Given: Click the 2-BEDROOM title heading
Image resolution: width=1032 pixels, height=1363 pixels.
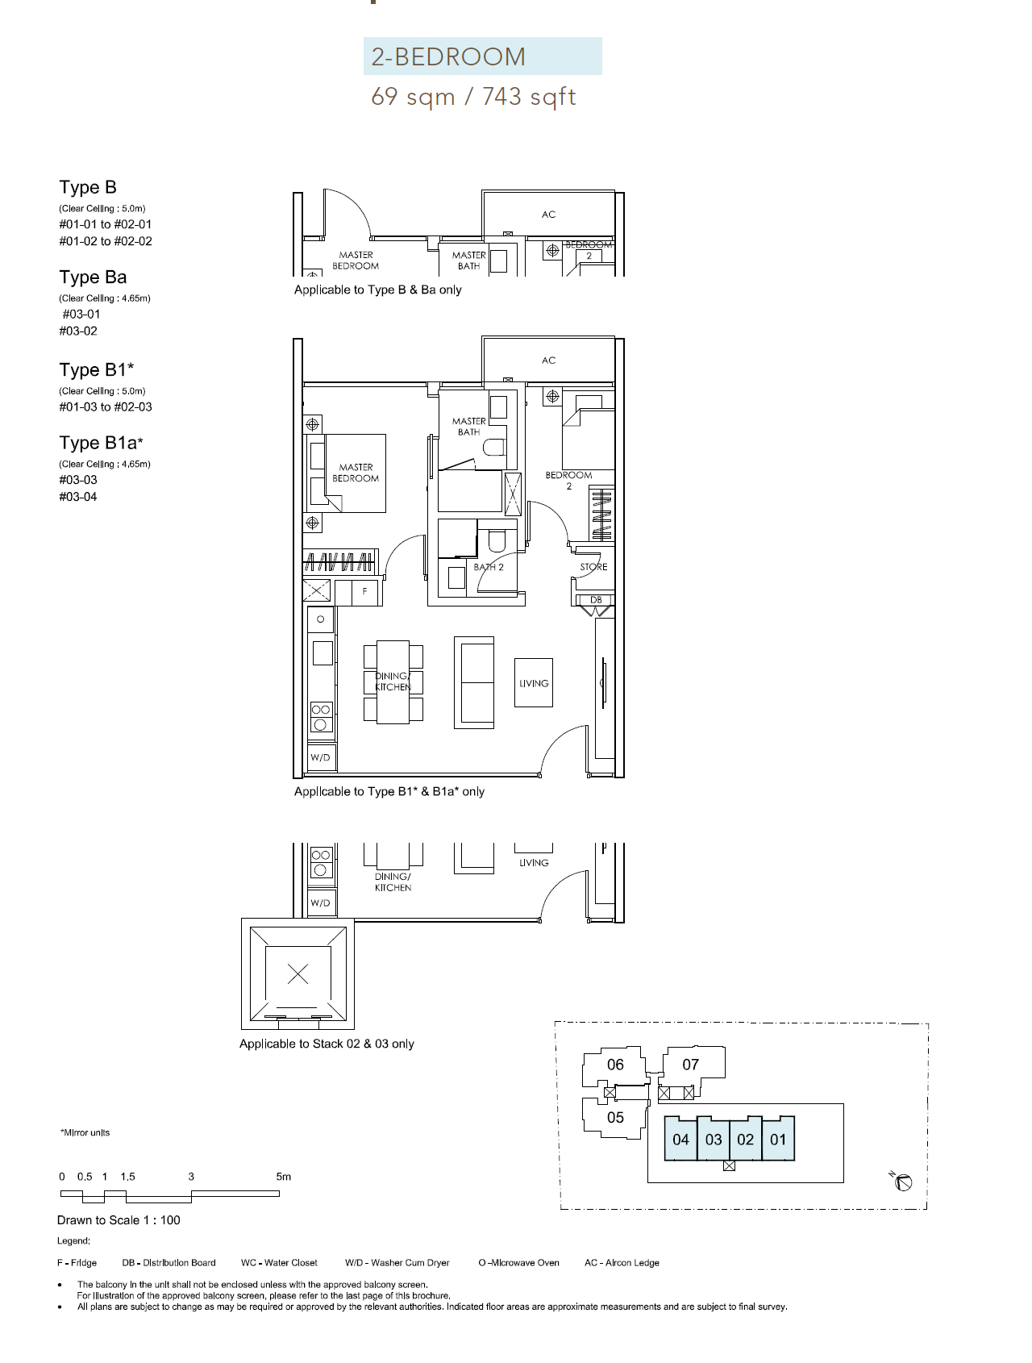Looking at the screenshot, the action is click(448, 56).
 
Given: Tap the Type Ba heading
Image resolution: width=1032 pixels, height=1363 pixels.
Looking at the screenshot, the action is click(93, 277).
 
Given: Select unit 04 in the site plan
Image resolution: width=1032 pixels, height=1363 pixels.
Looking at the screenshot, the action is click(681, 1139).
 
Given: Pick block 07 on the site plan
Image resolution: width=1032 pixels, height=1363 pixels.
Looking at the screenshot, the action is click(691, 1065).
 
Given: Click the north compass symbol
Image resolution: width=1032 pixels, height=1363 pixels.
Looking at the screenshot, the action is click(902, 1182).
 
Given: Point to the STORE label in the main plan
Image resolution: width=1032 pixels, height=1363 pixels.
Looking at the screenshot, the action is click(593, 567).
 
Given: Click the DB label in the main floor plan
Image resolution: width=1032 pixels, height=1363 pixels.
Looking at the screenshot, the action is click(596, 600).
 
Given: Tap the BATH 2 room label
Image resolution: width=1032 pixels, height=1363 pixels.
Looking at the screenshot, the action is click(489, 567).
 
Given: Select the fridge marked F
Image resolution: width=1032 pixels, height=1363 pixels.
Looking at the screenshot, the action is click(365, 592).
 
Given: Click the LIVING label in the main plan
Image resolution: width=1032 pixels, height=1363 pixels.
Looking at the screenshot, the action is click(534, 683).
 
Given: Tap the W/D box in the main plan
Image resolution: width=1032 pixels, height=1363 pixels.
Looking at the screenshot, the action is click(321, 757).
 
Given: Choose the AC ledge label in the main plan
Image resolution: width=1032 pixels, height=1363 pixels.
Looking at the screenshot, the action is click(549, 361).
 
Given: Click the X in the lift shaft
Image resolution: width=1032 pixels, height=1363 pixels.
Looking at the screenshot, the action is click(298, 973).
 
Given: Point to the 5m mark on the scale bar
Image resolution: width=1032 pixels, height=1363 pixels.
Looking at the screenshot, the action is click(283, 1177).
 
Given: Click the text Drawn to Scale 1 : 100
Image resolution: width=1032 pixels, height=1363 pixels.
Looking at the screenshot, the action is click(119, 1220).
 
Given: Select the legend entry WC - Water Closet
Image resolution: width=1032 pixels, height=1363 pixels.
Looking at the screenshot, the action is click(279, 1263).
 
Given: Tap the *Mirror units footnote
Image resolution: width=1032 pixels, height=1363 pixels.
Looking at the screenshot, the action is click(85, 1132).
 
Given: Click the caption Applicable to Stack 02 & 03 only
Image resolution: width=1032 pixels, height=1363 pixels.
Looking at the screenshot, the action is click(327, 1044).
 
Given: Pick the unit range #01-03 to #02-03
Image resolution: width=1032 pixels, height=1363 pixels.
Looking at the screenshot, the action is click(106, 407).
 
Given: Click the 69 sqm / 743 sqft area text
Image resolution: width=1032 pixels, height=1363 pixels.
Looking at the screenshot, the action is click(473, 97).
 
